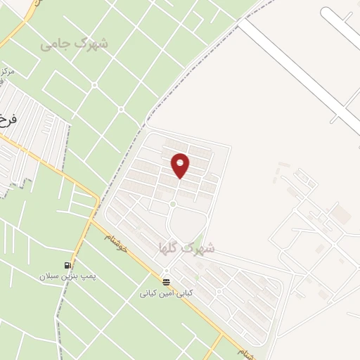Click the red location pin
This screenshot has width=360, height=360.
(181, 165)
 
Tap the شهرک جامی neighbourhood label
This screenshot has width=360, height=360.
(75, 44)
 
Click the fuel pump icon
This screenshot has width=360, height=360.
(68, 265)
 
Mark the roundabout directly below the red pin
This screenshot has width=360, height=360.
(172, 205)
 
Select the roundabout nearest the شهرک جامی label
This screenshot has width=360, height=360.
(122, 110)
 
